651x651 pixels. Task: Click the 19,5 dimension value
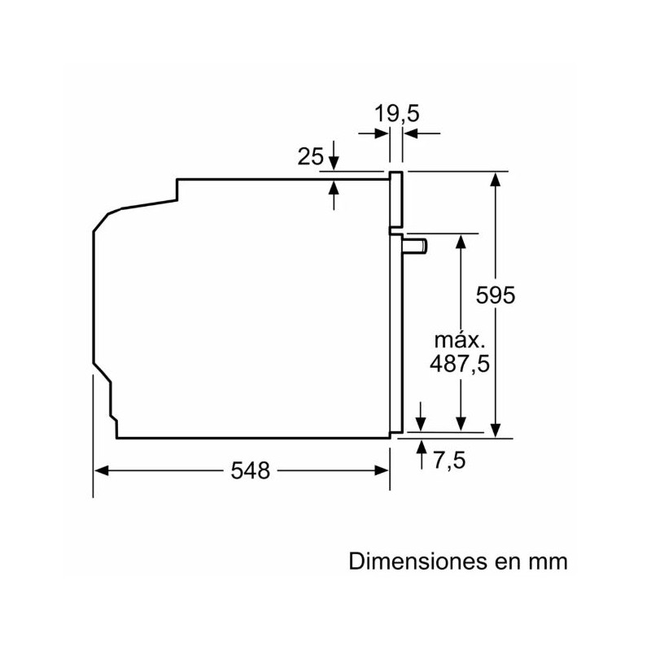397,113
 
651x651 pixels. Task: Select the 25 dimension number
311,155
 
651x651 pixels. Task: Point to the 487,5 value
460,364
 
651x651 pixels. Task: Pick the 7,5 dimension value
448,461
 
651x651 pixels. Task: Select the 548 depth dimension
250,470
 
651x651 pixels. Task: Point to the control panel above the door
396,200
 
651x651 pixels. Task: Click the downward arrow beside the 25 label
334,163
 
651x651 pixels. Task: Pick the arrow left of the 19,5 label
380,132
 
